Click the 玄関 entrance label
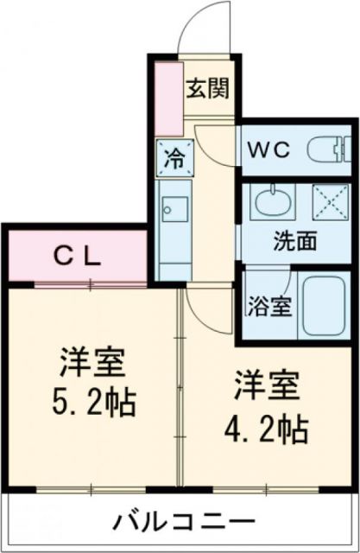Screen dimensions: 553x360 click(x=210, y=88)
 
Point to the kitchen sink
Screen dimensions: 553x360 click(x=175, y=210)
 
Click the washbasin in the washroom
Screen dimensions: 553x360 click(x=269, y=204)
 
